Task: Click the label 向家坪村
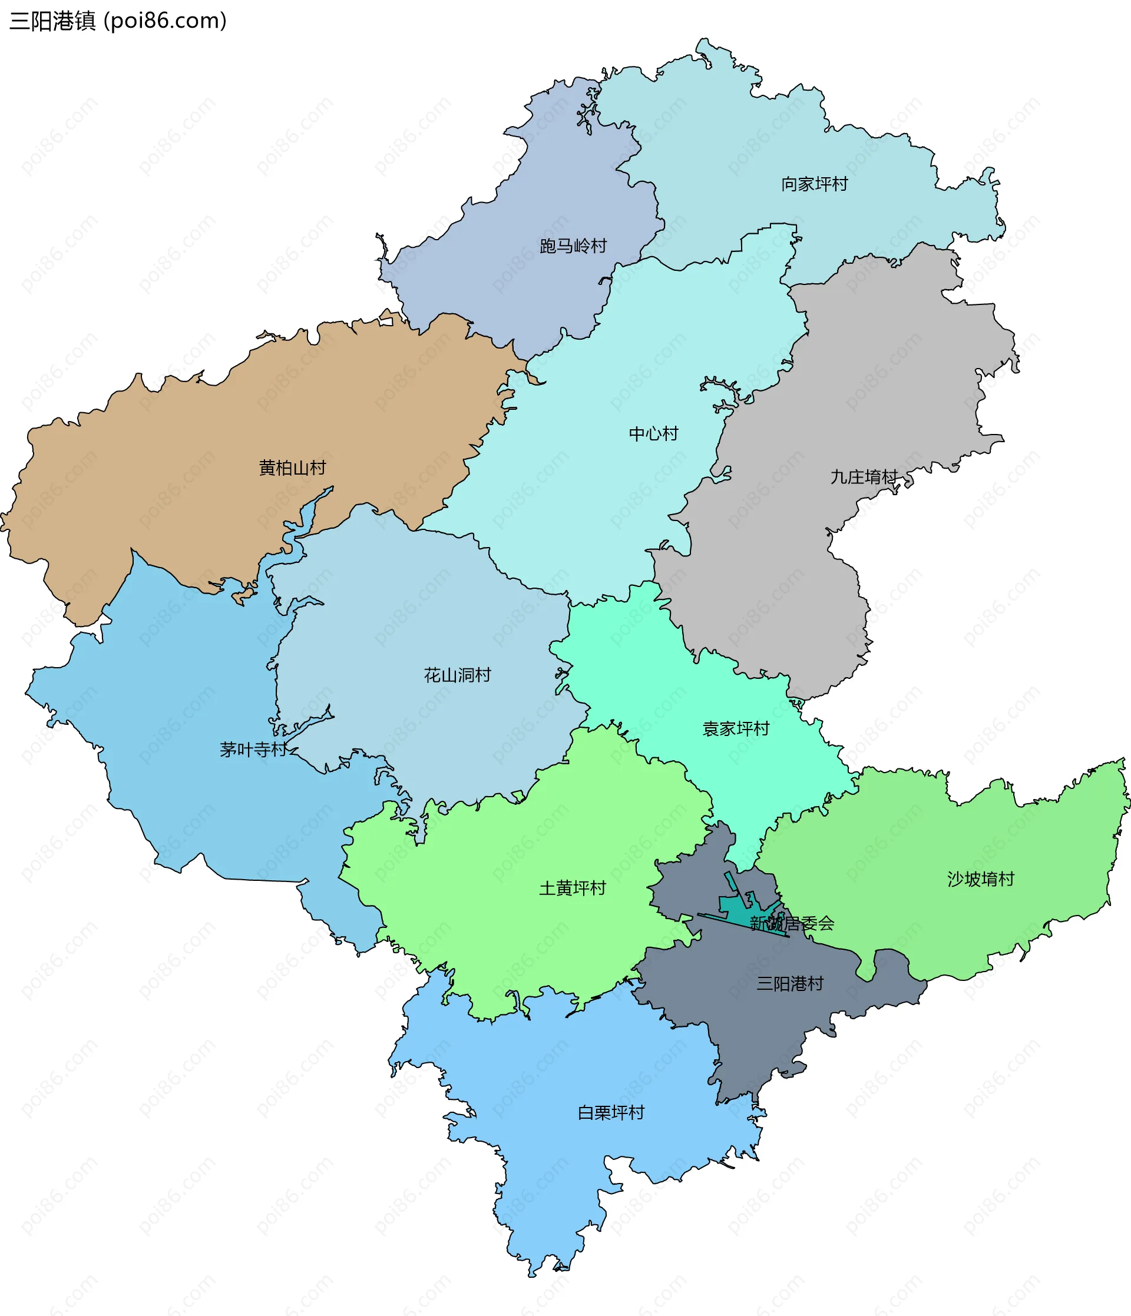814,184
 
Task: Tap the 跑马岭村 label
573,246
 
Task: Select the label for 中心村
653,434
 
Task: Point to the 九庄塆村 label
864,477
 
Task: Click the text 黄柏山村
292,468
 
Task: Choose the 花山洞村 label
458,675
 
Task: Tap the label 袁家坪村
736,728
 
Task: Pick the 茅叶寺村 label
253,750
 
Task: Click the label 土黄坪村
573,888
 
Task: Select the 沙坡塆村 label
980,879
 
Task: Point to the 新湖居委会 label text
792,923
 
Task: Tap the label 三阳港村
790,984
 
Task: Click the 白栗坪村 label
611,1113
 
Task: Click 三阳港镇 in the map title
52,21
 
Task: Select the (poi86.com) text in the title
165,21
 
